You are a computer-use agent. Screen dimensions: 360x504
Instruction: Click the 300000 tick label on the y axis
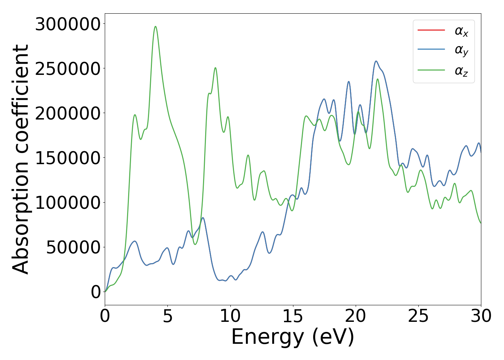point(67,24)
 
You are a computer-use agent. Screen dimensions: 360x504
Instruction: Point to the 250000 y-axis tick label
point(67,69)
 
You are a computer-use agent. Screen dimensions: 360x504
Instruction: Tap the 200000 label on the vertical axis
point(67,113)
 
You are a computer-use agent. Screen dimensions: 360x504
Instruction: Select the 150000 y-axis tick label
point(67,158)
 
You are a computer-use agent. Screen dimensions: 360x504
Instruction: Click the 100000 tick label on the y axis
point(67,203)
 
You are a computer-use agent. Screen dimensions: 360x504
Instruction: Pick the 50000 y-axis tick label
point(73,247)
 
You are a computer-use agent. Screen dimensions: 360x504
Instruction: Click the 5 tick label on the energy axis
point(168,316)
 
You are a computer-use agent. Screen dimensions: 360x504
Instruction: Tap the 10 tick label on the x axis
point(230,316)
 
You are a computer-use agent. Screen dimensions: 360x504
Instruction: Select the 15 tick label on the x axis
point(293,316)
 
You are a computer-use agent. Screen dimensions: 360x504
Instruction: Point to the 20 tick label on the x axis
point(356,316)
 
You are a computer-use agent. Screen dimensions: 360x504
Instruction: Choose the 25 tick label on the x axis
point(418,316)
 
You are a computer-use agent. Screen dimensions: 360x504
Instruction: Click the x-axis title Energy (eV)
point(293,337)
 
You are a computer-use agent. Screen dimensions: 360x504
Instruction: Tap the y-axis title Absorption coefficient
point(21,159)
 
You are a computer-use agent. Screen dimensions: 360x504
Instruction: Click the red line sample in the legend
point(431,30)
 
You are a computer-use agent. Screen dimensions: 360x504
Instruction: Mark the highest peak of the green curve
point(156,26)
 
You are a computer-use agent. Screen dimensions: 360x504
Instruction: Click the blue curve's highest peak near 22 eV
point(376,61)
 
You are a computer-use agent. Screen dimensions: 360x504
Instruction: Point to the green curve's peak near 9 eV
point(215,68)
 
